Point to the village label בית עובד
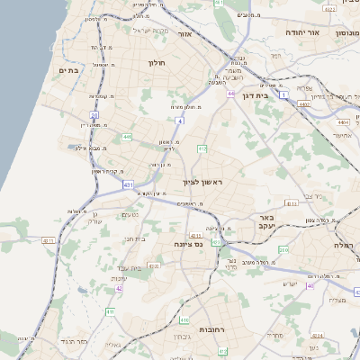pos(131,267)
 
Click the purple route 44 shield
pos(230,94)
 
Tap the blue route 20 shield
pos(94,115)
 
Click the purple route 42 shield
pos(119,289)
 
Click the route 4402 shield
pos(305,105)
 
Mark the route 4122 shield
pos(328,9)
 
